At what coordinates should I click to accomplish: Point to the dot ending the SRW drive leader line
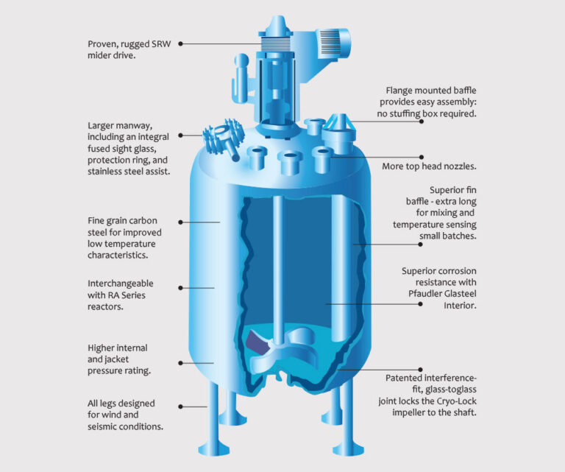coord(180,43)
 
